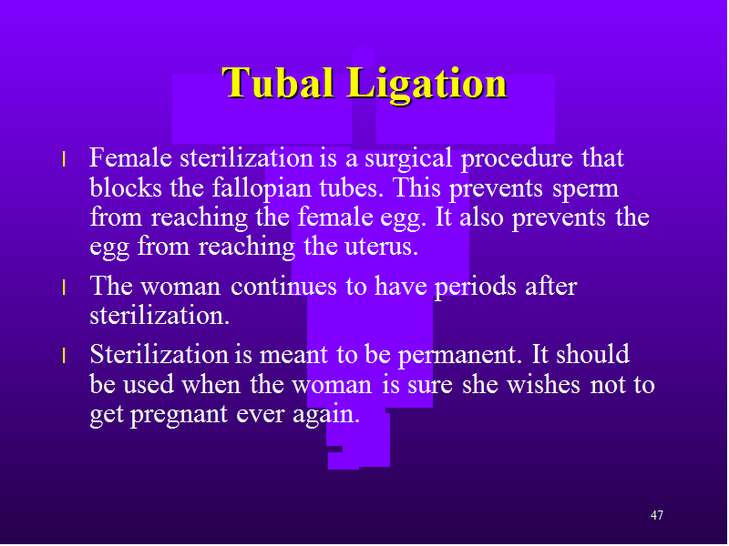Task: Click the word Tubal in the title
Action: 278,83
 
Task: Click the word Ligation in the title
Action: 426,85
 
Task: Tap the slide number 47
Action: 656,515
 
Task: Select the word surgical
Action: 408,159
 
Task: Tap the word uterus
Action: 381,247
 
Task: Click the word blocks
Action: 126,187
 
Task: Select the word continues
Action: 283,287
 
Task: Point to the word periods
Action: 475,288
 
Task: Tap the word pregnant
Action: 179,415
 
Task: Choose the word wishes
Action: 543,384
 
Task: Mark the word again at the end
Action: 326,415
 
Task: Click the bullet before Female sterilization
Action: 64,159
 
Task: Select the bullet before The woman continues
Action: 64,288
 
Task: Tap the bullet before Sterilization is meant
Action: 64,356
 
